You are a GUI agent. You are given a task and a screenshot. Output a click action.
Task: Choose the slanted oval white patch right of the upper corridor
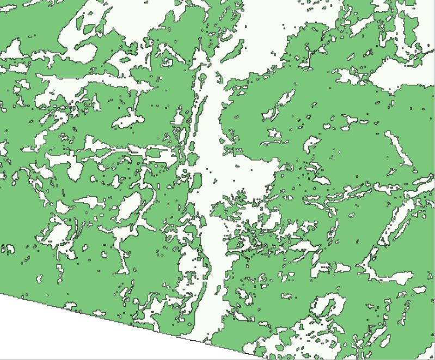tap(279, 103)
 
